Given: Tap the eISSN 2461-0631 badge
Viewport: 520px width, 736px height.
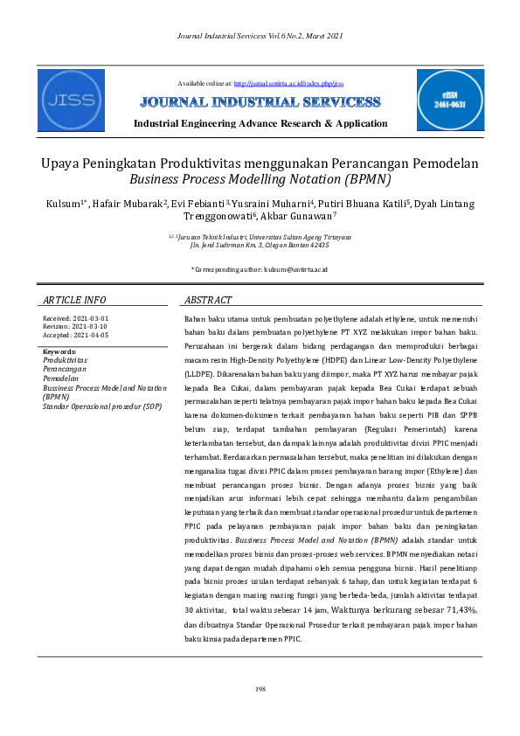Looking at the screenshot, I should tap(450, 101).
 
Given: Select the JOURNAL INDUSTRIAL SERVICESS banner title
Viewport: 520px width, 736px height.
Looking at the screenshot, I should tap(260, 102).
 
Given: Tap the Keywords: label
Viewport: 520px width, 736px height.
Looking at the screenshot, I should tap(60, 351).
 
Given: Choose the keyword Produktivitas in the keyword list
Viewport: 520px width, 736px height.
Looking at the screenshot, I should tap(65, 359).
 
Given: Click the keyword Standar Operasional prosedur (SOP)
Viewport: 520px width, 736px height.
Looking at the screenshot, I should tap(102, 406).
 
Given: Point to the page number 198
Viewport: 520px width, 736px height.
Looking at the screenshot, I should tap(260, 690).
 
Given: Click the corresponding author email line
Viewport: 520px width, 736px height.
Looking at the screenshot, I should tap(260, 247).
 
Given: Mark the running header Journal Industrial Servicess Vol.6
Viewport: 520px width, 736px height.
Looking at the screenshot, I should tap(260, 35).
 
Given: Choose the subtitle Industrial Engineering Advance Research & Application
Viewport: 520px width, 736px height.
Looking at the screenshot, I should tap(260, 123).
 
